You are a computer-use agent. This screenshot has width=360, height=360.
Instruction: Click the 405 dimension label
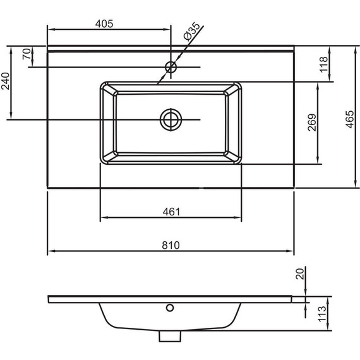(104, 23)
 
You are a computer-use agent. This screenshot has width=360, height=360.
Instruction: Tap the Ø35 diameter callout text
(192, 32)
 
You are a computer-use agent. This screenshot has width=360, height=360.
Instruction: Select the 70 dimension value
(27, 54)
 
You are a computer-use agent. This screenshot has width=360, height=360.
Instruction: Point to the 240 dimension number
(6, 81)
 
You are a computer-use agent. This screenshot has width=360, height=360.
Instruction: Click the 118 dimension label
(324, 64)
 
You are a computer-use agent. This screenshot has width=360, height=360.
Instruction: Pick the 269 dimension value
(312, 123)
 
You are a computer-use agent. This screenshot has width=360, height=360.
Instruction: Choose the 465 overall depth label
(350, 119)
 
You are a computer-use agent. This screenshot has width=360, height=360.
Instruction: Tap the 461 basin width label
(172, 212)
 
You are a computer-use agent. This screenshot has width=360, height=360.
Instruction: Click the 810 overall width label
(171, 245)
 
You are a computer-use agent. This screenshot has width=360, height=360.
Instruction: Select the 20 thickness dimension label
(300, 273)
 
